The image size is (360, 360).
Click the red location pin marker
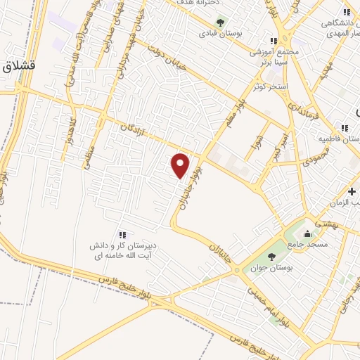(x=181, y=165)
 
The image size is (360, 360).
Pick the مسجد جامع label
(x=307, y=244)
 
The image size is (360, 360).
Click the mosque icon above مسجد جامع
(x=307, y=233)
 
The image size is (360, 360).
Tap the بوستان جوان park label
(x=271, y=268)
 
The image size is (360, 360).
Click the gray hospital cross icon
(x=352, y=191)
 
